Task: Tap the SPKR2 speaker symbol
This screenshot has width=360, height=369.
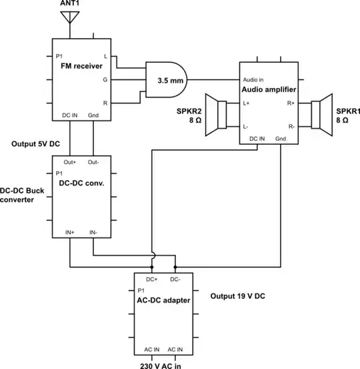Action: (216, 112)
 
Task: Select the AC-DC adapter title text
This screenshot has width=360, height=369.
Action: (165, 301)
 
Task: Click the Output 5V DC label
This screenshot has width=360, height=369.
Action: (37, 144)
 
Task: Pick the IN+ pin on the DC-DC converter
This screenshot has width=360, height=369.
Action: (70, 232)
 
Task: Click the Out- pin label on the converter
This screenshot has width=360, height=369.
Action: (93, 162)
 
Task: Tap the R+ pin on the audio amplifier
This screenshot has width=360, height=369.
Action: (291, 103)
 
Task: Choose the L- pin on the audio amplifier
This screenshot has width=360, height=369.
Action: (247, 126)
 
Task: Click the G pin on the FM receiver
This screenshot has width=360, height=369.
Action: (105, 79)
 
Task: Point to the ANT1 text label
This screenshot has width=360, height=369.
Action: (69, 5)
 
